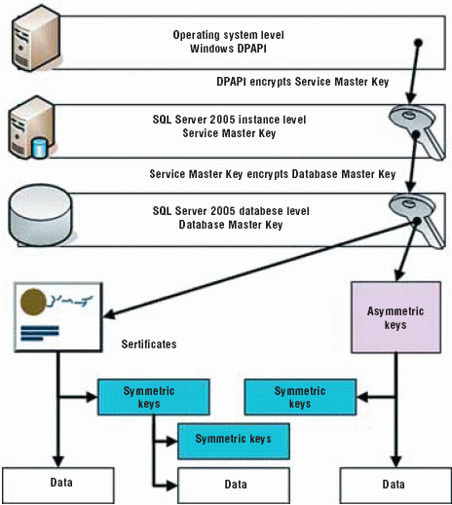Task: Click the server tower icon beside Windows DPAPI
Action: point(36,38)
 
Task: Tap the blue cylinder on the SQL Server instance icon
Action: point(40,148)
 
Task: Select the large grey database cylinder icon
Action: point(40,216)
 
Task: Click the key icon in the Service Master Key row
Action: point(417,131)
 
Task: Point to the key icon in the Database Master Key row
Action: point(417,221)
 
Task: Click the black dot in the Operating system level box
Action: point(419,43)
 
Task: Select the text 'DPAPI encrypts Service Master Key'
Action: point(303,82)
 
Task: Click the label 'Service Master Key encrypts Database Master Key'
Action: point(273,174)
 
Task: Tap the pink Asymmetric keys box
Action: point(395,317)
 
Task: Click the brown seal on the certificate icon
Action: point(33,302)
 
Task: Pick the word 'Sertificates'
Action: point(149,344)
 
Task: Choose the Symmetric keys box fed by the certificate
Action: point(154,397)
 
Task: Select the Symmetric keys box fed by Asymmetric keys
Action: point(300,397)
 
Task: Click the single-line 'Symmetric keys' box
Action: point(234,441)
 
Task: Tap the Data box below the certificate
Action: point(58,486)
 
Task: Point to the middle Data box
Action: point(234,486)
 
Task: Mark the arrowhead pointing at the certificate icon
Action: point(109,314)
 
